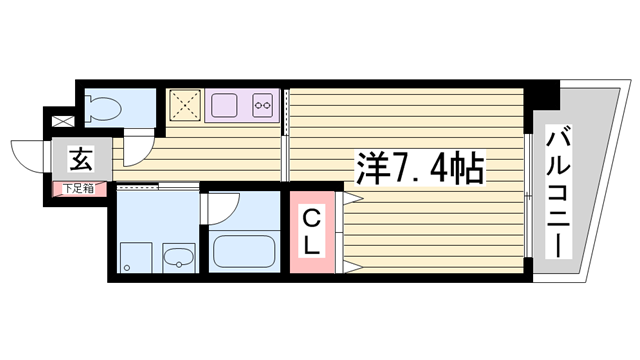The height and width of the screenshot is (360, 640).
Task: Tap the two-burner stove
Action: tap(262, 105)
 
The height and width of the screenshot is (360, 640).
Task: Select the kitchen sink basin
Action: tap(224, 105)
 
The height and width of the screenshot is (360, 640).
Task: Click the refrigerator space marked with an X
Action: tap(185, 105)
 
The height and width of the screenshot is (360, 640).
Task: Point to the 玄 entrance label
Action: tap(81, 159)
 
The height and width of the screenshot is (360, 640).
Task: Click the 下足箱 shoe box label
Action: tap(78, 189)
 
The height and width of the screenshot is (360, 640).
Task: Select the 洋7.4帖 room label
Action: tap(420, 167)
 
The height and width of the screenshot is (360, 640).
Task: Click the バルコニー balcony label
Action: tap(558, 192)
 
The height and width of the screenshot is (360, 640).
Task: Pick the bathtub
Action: tap(244, 251)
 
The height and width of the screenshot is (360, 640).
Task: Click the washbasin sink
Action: tap(179, 258)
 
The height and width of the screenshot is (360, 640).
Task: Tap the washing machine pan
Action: tap(136, 258)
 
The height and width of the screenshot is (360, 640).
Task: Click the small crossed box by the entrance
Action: tap(63, 121)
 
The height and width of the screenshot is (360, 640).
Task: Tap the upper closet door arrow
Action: tap(353, 198)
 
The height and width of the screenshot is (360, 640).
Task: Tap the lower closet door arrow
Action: tap(353, 268)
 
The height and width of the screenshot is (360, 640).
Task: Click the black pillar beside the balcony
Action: tap(542, 95)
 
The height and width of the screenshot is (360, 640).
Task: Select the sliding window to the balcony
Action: tap(528, 195)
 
